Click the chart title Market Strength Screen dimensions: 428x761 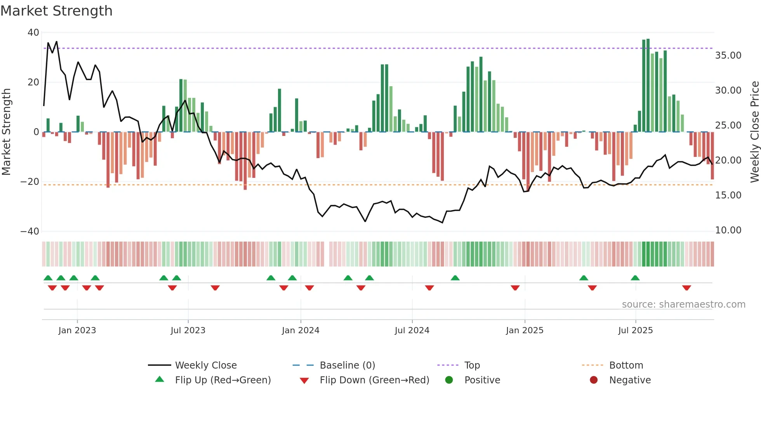coord(56,11)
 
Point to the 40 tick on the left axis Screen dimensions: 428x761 coord(33,33)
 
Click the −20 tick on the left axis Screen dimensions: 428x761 coord(30,182)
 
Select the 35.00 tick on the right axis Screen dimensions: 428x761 coord(728,56)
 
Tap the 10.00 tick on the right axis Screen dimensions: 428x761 coord(728,230)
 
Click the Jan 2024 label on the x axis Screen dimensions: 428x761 coord(301,331)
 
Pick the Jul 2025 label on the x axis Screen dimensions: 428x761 coord(635,331)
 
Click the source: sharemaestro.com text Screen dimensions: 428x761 coord(683,304)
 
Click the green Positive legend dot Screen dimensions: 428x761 coord(449,380)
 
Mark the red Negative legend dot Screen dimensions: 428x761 coord(594,380)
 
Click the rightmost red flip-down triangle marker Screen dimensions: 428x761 coord(686,288)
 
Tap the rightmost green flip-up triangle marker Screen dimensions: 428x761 coord(635,278)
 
